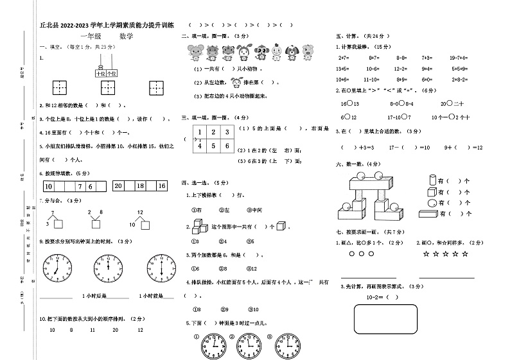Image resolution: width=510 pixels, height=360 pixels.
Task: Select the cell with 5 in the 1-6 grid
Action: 213,146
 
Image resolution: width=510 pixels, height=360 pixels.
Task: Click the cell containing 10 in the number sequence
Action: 49,187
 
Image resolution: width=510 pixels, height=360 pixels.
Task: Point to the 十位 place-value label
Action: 100,74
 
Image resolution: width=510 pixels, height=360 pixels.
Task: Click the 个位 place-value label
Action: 112,74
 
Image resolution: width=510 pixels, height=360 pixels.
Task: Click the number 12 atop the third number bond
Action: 139,212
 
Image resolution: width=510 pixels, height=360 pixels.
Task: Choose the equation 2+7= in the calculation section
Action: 343,57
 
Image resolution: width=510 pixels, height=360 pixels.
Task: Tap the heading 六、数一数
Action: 351,164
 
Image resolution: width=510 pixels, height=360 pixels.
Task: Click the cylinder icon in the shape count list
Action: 431,182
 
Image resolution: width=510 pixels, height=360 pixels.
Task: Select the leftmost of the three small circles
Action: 352,254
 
